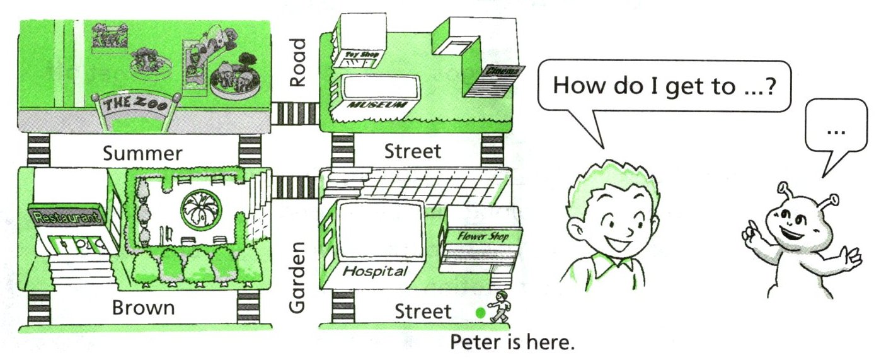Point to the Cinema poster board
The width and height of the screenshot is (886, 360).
point(495,81)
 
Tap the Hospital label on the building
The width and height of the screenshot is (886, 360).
point(374,272)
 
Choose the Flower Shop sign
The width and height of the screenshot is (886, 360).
point(482,236)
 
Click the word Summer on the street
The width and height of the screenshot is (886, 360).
point(143,153)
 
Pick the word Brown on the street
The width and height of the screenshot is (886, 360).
point(143,308)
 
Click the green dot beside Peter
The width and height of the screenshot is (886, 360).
point(481,311)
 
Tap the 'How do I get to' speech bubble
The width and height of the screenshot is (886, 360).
point(662,86)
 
